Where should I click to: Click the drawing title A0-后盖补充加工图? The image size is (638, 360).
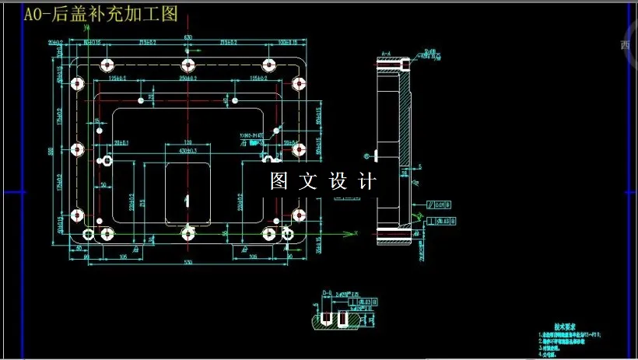(x=101, y=14)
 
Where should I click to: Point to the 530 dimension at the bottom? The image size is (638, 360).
(x=188, y=264)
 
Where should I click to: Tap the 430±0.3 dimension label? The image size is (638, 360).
(x=188, y=150)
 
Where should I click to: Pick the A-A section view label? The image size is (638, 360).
(x=385, y=54)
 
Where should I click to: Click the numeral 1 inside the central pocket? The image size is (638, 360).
(x=187, y=200)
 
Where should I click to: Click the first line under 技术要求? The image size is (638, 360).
(x=573, y=335)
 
